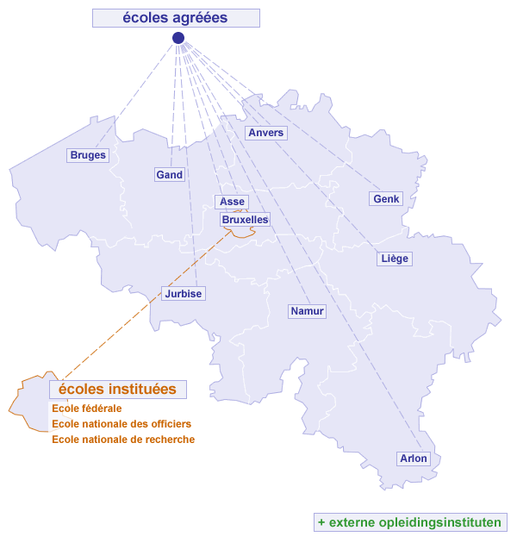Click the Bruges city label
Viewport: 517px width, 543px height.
click(88, 155)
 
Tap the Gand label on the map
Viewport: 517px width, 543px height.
click(170, 174)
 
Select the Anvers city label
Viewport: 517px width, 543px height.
click(265, 133)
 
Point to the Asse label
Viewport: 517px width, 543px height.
click(233, 202)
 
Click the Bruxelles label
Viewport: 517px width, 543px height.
click(245, 220)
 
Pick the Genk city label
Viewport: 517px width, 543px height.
click(386, 199)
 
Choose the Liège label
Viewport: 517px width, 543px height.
click(395, 259)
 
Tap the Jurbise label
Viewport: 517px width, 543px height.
click(183, 294)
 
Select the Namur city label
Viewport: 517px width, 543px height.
click(308, 311)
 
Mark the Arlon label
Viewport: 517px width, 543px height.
click(414, 459)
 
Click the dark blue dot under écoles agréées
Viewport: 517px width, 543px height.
click(178, 38)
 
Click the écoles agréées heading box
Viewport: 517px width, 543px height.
click(176, 18)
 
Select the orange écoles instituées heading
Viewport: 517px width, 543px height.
click(118, 390)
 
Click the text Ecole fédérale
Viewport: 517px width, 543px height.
click(87, 409)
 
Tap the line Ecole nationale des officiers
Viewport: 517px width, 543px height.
click(121, 424)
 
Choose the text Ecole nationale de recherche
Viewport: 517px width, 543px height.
click(123, 440)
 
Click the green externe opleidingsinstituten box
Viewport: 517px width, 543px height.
click(409, 522)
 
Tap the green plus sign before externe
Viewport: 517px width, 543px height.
click(321, 522)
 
